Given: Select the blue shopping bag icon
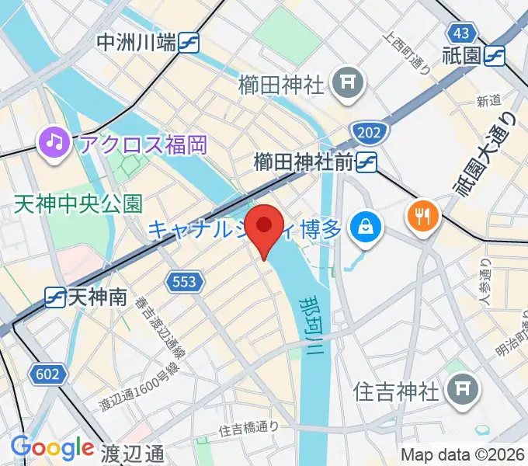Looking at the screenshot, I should pyautogui.click(x=363, y=228).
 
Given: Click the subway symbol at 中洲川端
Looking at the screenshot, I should pyautogui.click(x=189, y=43).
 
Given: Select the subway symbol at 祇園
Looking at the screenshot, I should pyautogui.click(x=494, y=55).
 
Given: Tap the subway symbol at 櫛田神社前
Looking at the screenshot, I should pyautogui.click(x=367, y=162).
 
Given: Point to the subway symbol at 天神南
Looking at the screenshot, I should pyautogui.click(x=55, y=296).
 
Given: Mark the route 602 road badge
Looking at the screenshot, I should pyautogui.click(x=47, y=374).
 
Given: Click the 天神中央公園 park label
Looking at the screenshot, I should pyautogui.click(x=78, y=204).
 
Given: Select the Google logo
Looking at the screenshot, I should pyautogui.click(x=52, y=447).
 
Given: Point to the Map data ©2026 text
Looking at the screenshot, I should pyautogui.click(x=463, y=455).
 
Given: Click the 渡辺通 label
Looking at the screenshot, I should pyautogui.click(x=132, y=453).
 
